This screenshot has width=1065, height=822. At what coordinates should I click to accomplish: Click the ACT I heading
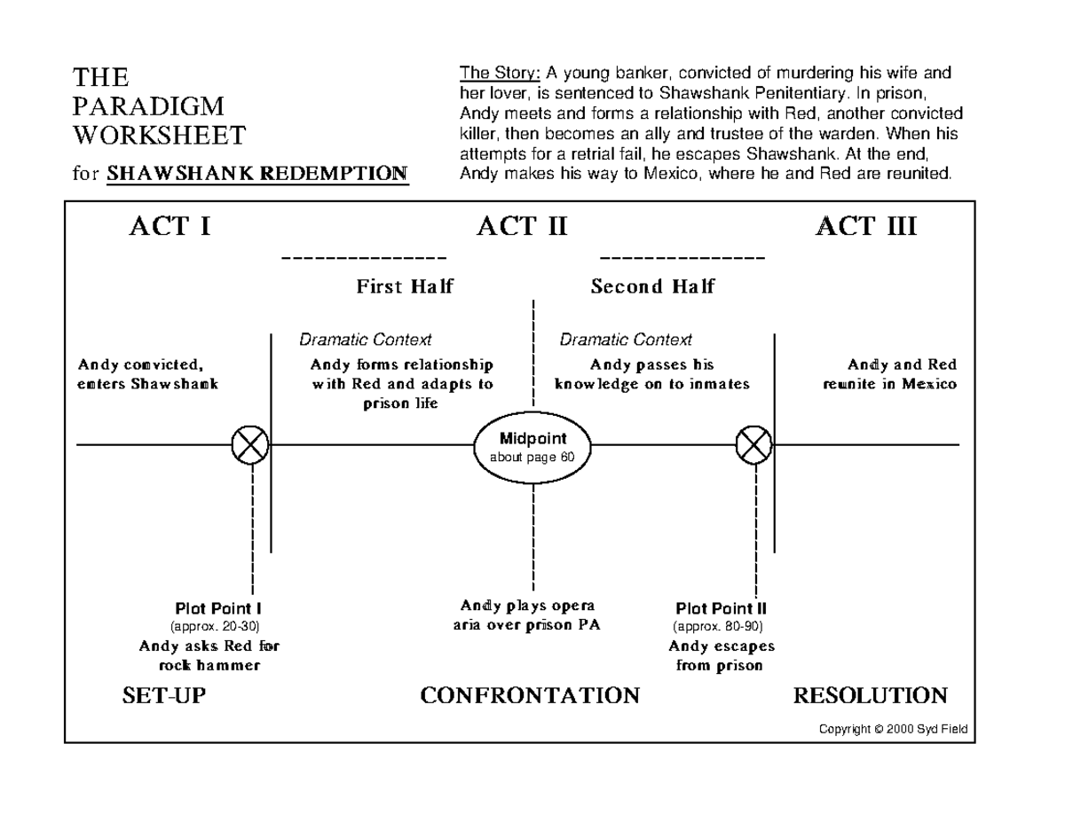pos(170,227)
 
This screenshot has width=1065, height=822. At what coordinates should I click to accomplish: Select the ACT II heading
pos(521,227)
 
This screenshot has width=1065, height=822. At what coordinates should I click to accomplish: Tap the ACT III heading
pos(865,227)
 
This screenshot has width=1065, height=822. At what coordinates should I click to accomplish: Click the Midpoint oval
pos(532,447)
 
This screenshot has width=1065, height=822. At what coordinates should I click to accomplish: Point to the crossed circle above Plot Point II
pos(754,444)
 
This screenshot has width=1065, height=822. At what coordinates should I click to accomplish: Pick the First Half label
pos(405,286)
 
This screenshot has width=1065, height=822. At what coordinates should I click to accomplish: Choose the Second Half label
pos(652,286)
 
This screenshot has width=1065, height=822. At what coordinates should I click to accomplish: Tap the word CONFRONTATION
pos(530,695)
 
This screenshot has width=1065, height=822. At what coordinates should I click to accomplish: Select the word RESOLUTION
pos(870,695)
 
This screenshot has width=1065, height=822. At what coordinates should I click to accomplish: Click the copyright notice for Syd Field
pos(894,730)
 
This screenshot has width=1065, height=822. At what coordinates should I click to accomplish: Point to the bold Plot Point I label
pos(217,609)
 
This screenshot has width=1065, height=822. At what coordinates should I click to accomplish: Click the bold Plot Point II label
pos(721,609)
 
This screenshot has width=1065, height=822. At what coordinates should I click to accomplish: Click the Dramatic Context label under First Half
pos(365,340)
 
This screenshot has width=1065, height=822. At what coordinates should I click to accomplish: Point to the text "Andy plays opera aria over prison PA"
pos(526,615)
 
